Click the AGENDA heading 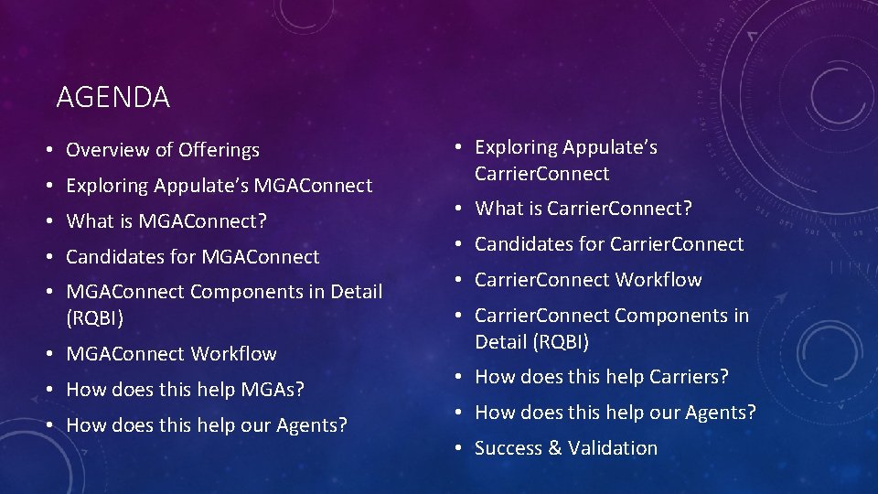pyautogui.click(x=112, y=97)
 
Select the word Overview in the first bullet pyautogui.click(x=101, y=150)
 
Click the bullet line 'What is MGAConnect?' pyautogui.click(x=165, y=221)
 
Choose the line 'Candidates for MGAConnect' pyautogui.click(x=192, y=257)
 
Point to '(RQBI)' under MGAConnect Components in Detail pyautogui.click(x=96, y=318)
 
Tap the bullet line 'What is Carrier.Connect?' pyautogui.click(x=583, y=209)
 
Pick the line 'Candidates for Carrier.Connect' pyautogui.click(x=609, y=244)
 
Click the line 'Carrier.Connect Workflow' pyautogui.click(x=588, y=280)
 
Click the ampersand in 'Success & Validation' pyautogui.click(x=553, y=448)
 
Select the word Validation pyautogui.click(x=612, y=448)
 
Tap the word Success pyautogui.click(x=509, y=448)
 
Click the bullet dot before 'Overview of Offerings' pyautogui.click(x=56, y=151)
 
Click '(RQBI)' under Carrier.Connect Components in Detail pyautogui.click(x=531, y=342)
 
